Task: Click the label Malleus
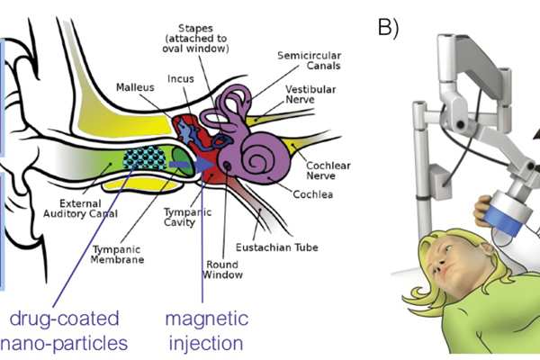[137, 88]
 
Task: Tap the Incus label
[179, 79]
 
